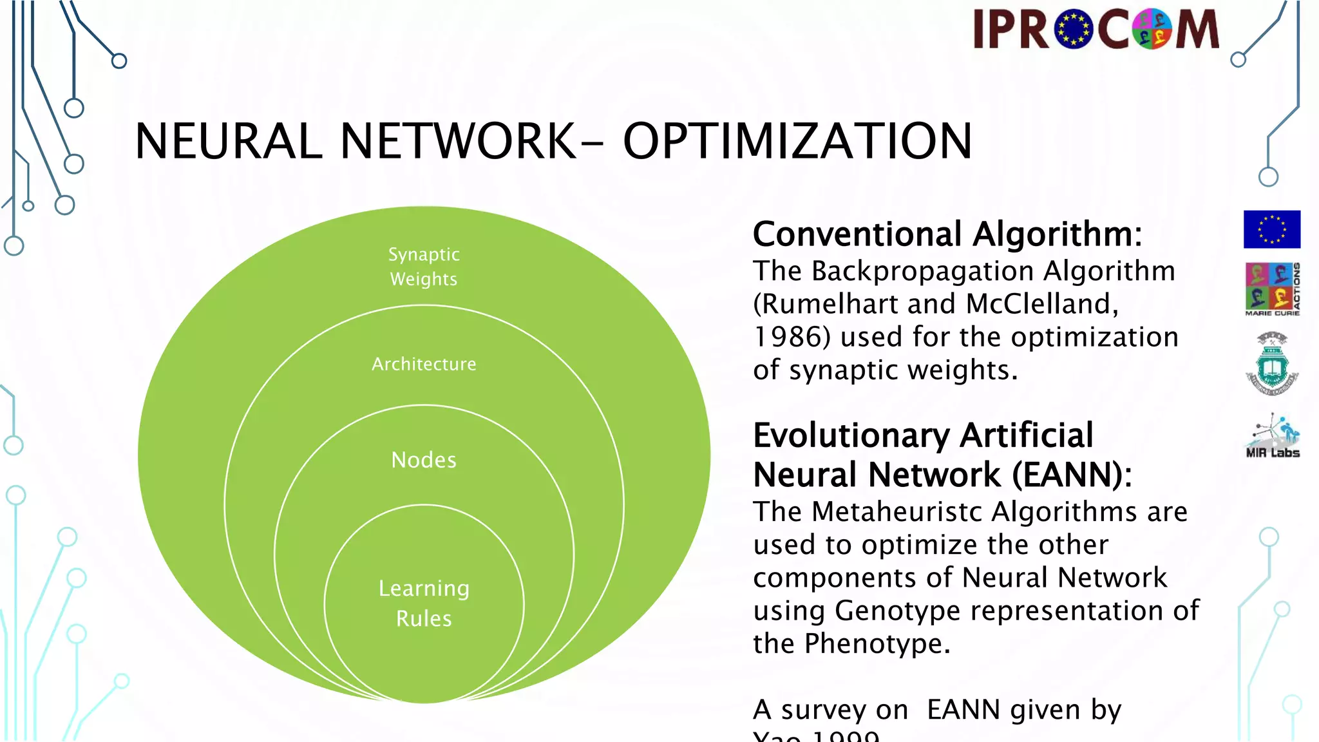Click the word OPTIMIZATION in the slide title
coord(797,141)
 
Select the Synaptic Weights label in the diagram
coord(424,267)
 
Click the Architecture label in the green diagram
coord(424,364)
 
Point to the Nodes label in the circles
coord(424,460)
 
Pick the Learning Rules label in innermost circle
coord(424,604)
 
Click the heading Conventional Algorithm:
coord(947,234)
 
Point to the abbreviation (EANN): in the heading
coord(1072,475)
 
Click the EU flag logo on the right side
coord(1271,229)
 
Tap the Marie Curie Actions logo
coord(1272,289)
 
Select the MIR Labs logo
coord(1272,436)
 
